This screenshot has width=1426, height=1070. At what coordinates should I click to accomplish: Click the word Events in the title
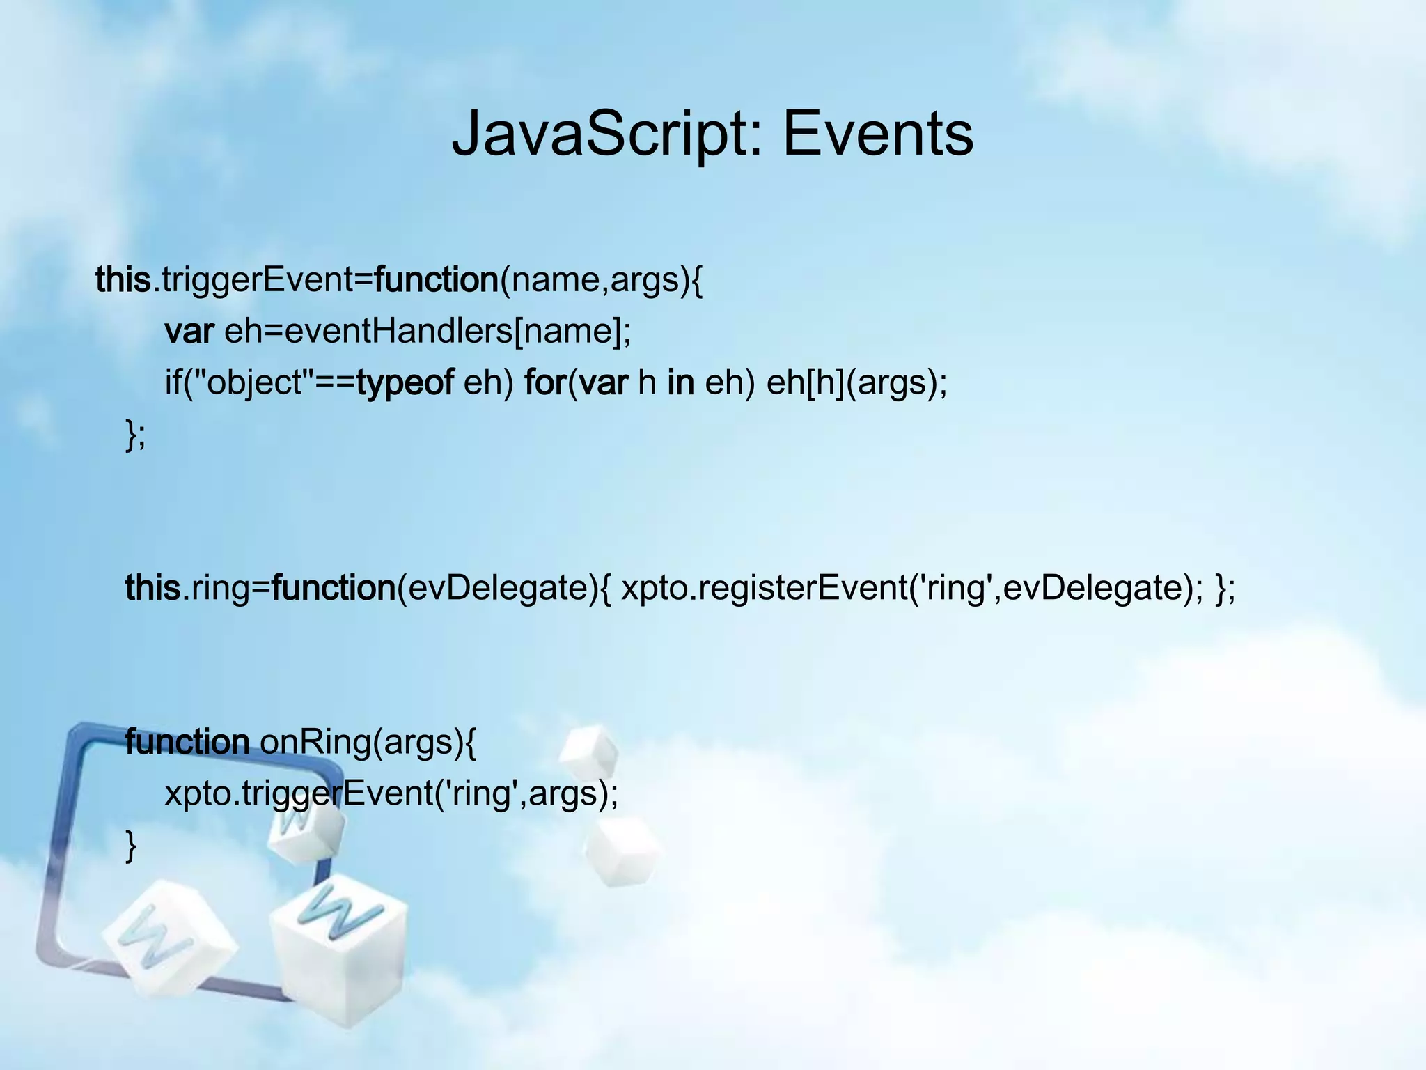[x=878, y=134]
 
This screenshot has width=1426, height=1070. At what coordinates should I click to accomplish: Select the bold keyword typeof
[x=405, y=382]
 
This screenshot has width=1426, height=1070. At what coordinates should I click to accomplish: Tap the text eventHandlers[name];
[x=457, y=331]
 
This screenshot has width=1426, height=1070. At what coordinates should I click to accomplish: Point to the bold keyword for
[x=545, y=382]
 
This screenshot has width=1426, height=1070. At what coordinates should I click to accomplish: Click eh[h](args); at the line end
[x=856, y=382]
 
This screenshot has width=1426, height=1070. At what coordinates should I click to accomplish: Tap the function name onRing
[x=315, y=743]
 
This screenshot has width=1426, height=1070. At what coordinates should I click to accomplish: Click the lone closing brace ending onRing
[x=130, y=846]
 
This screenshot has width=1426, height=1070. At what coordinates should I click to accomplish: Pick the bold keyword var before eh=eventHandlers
[x=189, y=331]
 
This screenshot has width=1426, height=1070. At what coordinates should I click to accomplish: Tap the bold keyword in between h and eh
[x=680, y=382]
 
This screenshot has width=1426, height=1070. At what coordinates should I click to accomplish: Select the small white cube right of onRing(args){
[x=588, y=752]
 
